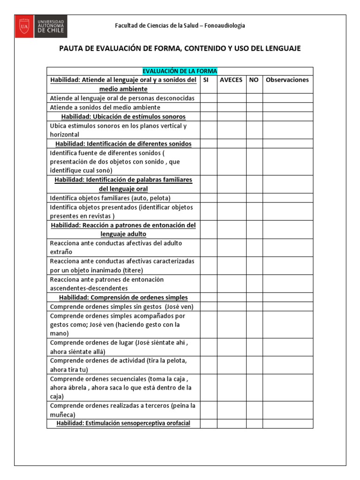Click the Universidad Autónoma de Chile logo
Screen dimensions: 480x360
pos(41,26)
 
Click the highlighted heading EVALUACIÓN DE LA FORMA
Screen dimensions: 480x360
pos(180,71)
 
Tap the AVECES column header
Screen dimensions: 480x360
pos(231,80)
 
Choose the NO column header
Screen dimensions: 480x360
pos(254,80)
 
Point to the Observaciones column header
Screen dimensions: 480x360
pos(287,80)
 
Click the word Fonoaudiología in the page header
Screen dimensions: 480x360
pos(225,26)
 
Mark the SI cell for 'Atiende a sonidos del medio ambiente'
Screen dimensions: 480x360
pos(208,107)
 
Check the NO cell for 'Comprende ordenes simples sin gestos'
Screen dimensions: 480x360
pos(254,307)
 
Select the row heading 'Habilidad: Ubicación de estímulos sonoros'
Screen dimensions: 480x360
pos(123,116)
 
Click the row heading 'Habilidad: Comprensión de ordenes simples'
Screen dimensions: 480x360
pos(123,298)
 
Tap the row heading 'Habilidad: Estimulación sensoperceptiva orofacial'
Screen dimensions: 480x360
pos(123,424)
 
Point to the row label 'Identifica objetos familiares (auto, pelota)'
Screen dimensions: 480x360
pos(110,198)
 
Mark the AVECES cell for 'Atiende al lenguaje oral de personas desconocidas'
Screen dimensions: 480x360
pos(231,98)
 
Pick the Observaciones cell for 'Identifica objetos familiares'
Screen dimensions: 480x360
pos(287,198)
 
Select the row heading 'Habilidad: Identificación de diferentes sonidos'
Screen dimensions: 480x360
pos(123,143)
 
